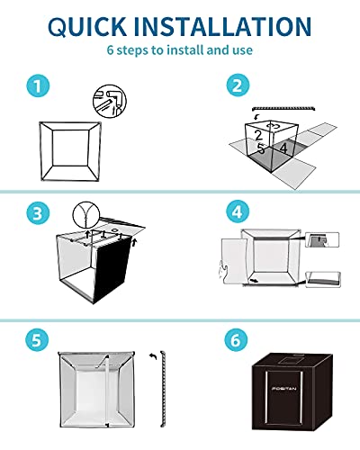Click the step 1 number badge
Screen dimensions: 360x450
click(x=38, y=85)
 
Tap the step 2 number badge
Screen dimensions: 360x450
click(x=238, y=85)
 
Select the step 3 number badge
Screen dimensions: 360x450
click(x=38, y=213)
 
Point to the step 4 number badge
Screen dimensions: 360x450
click(x=238, y=211)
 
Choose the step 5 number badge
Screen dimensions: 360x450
click(x=37, y=340)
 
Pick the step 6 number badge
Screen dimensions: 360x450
click(x=236, y=340)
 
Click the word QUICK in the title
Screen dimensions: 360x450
click(x=87, y=27)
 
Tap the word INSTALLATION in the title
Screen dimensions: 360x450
click(x=222, y=26)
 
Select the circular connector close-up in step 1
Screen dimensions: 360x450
click(x=110, y=101)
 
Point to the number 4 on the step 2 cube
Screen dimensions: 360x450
click(x=283, y=148)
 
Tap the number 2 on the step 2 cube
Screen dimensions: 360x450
click(x=258, y=135)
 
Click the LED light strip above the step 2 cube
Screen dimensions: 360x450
click(x=283, y=108)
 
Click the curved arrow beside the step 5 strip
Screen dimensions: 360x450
click(x=153, y=356)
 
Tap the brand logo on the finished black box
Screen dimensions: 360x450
click(x=283, y=389)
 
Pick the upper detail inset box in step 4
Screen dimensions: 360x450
click(x=322, y=239)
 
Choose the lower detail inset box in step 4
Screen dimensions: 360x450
click(x=323, y=279)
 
